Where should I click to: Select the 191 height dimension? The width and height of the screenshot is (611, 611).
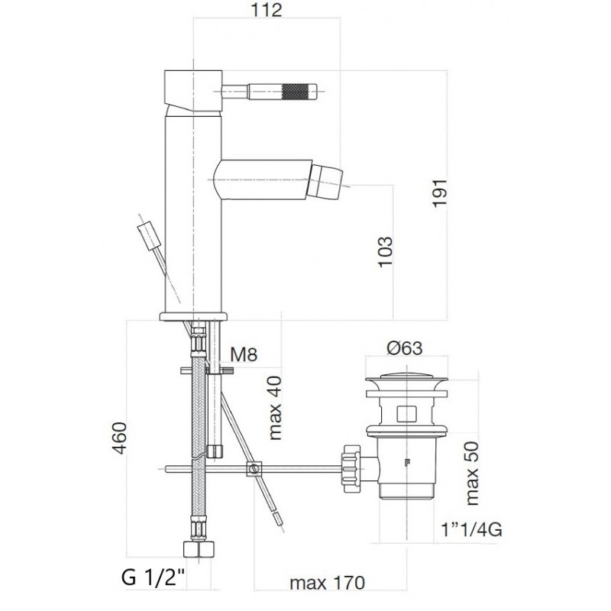tap(440, 193)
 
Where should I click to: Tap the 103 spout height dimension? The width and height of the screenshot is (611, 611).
tap(386, 251)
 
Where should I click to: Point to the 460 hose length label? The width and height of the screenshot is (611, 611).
tap(119, 438)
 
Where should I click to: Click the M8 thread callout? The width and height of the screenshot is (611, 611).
tap(244, 354)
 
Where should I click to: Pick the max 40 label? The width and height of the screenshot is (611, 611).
tap(275, 408)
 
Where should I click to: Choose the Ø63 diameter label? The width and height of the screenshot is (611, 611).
tap(404, 348)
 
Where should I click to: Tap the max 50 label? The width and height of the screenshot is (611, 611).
tap(471, 473)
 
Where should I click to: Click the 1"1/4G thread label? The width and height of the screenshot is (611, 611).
tap(470, 529)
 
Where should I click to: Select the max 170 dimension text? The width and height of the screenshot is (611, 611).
tap(328, 583)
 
